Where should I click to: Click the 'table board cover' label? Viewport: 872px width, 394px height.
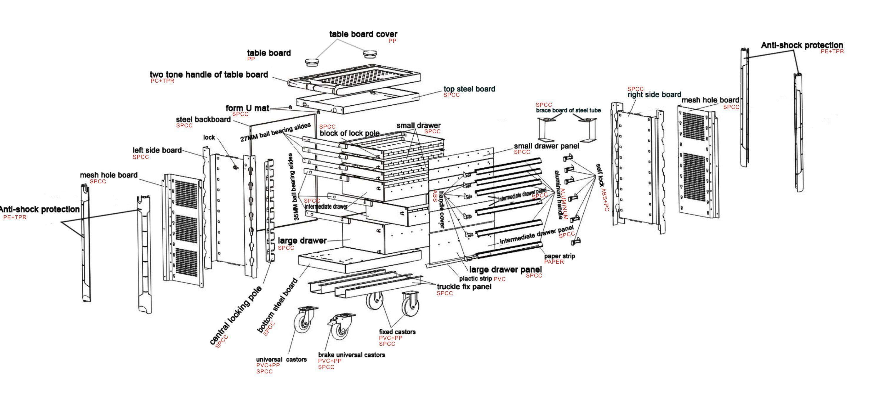[363, 34]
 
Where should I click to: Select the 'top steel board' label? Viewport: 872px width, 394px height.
[469, 89]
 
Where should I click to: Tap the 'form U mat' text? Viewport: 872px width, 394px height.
[247, 108]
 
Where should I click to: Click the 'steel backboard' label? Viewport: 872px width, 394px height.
[203, 119]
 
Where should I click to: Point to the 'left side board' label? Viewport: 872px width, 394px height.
[157, 150]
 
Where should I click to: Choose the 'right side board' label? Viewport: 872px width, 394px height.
[654, 95]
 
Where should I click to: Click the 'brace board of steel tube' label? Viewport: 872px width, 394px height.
[568, 110]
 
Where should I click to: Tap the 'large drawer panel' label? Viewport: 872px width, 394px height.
[505, 270]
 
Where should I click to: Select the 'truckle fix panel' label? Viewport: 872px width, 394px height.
[464, 287]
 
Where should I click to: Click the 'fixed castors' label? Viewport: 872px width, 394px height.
[397, 332]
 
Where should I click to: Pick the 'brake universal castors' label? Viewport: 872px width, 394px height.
[351, 355]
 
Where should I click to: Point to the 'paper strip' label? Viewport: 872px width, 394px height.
[559, 256]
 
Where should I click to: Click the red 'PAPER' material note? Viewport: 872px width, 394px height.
[554, 262]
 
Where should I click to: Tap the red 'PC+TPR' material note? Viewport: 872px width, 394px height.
[162, 81]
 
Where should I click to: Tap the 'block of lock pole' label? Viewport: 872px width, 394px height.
[349, 133]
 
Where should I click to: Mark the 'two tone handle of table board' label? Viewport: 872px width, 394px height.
[209, 75]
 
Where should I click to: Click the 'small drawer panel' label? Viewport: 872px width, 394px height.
[546, 146]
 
